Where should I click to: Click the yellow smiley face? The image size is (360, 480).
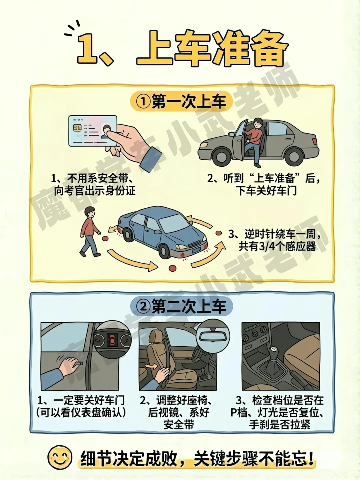pos(60,457)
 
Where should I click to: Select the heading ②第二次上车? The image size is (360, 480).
pos(181,306)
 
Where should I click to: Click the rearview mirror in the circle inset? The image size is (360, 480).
pos(213,337)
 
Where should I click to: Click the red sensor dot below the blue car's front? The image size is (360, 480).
pos(172,268)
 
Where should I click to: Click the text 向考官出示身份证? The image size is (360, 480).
pos(95,191)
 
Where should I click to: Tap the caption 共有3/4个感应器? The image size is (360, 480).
pos(277,247)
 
